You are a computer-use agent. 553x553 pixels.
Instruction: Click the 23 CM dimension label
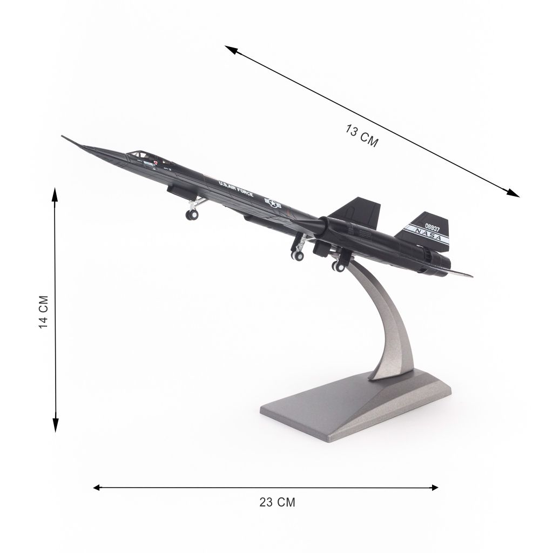277,502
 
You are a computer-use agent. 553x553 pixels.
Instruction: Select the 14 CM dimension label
43,312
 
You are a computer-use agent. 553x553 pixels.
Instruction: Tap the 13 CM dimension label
362,136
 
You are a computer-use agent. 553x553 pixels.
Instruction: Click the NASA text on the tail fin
428,234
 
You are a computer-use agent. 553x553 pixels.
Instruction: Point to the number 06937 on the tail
433,227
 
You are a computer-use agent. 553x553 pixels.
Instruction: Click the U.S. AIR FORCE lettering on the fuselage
235,188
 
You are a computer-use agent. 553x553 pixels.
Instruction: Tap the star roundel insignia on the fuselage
273,203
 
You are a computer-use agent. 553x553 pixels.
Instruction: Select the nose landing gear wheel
192,214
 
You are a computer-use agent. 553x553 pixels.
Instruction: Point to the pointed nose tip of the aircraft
63,136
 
